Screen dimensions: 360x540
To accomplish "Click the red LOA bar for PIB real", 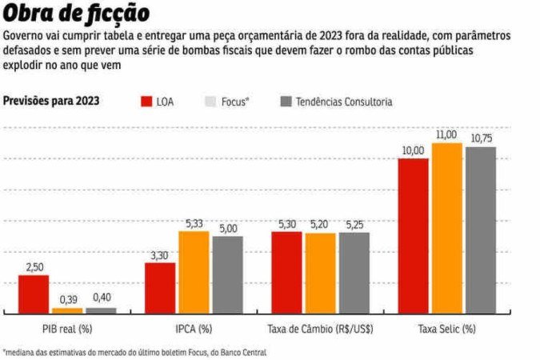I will (34, 294).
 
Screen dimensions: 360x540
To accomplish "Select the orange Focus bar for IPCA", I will (194, 272).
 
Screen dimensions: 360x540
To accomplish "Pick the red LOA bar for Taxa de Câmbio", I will (286, 272).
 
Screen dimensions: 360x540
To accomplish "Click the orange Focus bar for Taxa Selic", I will (447, 228).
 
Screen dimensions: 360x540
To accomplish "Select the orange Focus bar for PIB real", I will (67, 310).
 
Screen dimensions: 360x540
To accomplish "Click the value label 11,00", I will (446, 134).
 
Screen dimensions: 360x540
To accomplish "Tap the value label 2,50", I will (34, 267).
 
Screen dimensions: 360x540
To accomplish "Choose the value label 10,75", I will (482, 138).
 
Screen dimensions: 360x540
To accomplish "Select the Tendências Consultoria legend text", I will (344, 102).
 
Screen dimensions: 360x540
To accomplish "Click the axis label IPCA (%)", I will (194, 328).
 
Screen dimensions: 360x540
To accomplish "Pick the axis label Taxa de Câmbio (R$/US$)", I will (319, 328).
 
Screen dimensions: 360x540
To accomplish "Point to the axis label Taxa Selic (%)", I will (446, 328).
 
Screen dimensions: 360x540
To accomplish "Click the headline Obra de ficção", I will (75, 14).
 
